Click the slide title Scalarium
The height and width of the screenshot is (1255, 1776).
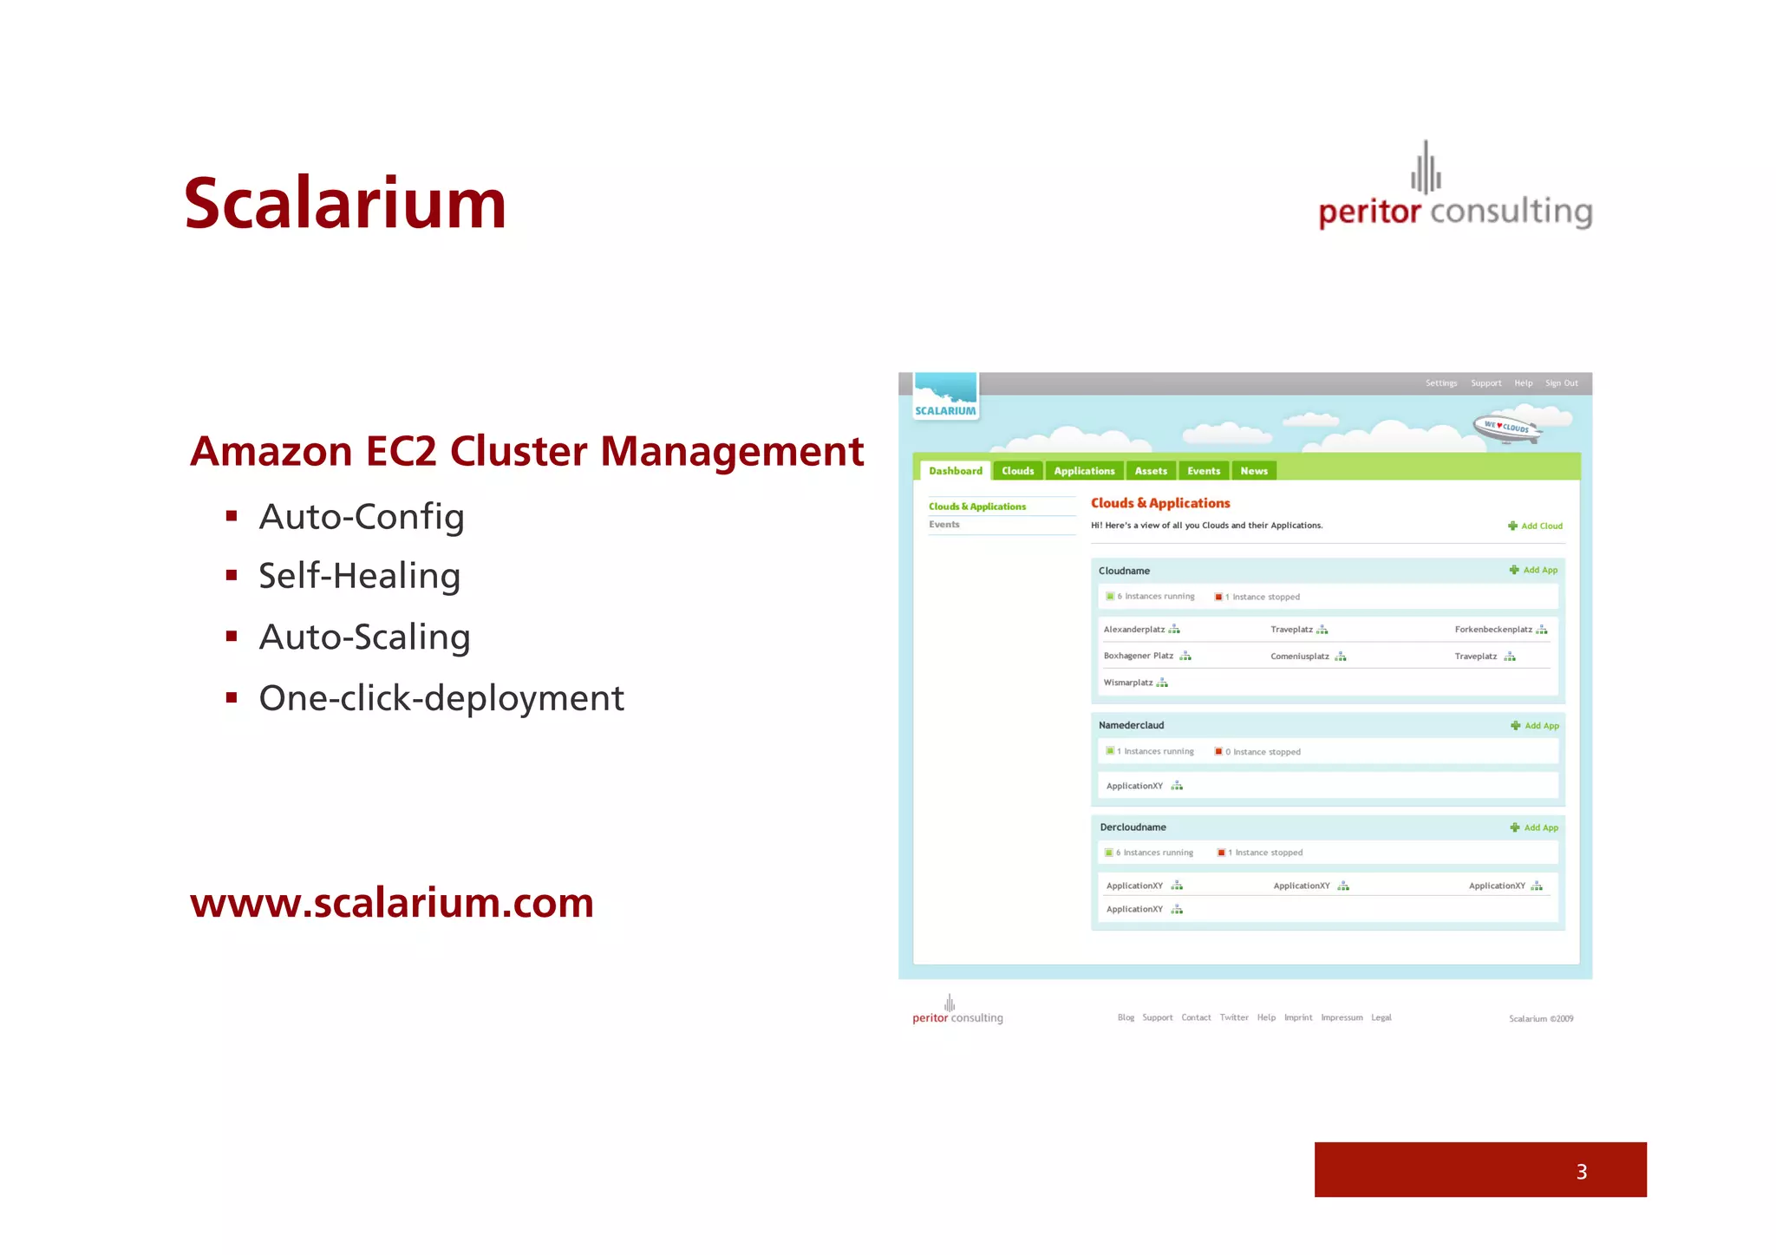(344, 205)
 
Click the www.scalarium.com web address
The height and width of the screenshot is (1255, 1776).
(392, 903)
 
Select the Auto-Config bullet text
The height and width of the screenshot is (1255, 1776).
(362, 517)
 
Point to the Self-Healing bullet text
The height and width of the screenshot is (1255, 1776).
(359, 577)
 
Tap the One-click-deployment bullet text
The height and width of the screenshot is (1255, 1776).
(441, 698)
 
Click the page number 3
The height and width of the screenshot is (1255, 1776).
(1581, 1172)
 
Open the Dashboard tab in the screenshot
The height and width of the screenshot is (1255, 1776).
(955, 471)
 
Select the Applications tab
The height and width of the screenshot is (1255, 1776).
(1084, 471)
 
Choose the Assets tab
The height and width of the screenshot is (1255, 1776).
(1151, 471)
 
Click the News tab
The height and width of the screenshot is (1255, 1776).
(1253, 471)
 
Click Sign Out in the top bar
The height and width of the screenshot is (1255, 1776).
(1561, 383)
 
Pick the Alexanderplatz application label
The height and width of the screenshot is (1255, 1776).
(1133, 630)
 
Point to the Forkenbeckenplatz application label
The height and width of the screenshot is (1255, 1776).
(1492, 630)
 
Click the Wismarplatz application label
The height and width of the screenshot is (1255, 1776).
(1127, 683)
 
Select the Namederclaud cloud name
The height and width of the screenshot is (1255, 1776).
(1131, 725)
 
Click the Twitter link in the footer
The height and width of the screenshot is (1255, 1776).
(1233, 1017)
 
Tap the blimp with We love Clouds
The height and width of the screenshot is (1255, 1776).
(1507, 428)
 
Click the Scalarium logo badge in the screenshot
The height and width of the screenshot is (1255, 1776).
(945, 397)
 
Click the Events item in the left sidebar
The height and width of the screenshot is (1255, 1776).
(943, 525)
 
